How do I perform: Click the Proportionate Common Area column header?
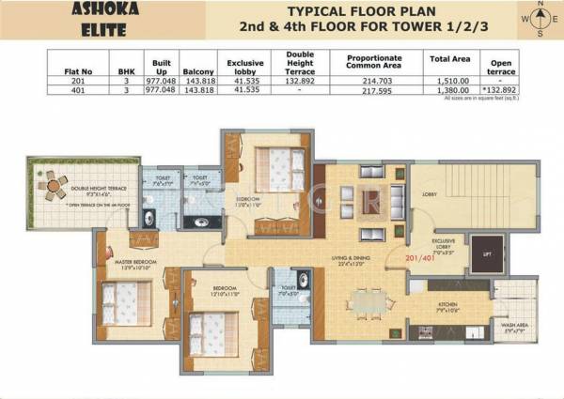coord(374,62)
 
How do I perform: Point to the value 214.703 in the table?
coord(374,82)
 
